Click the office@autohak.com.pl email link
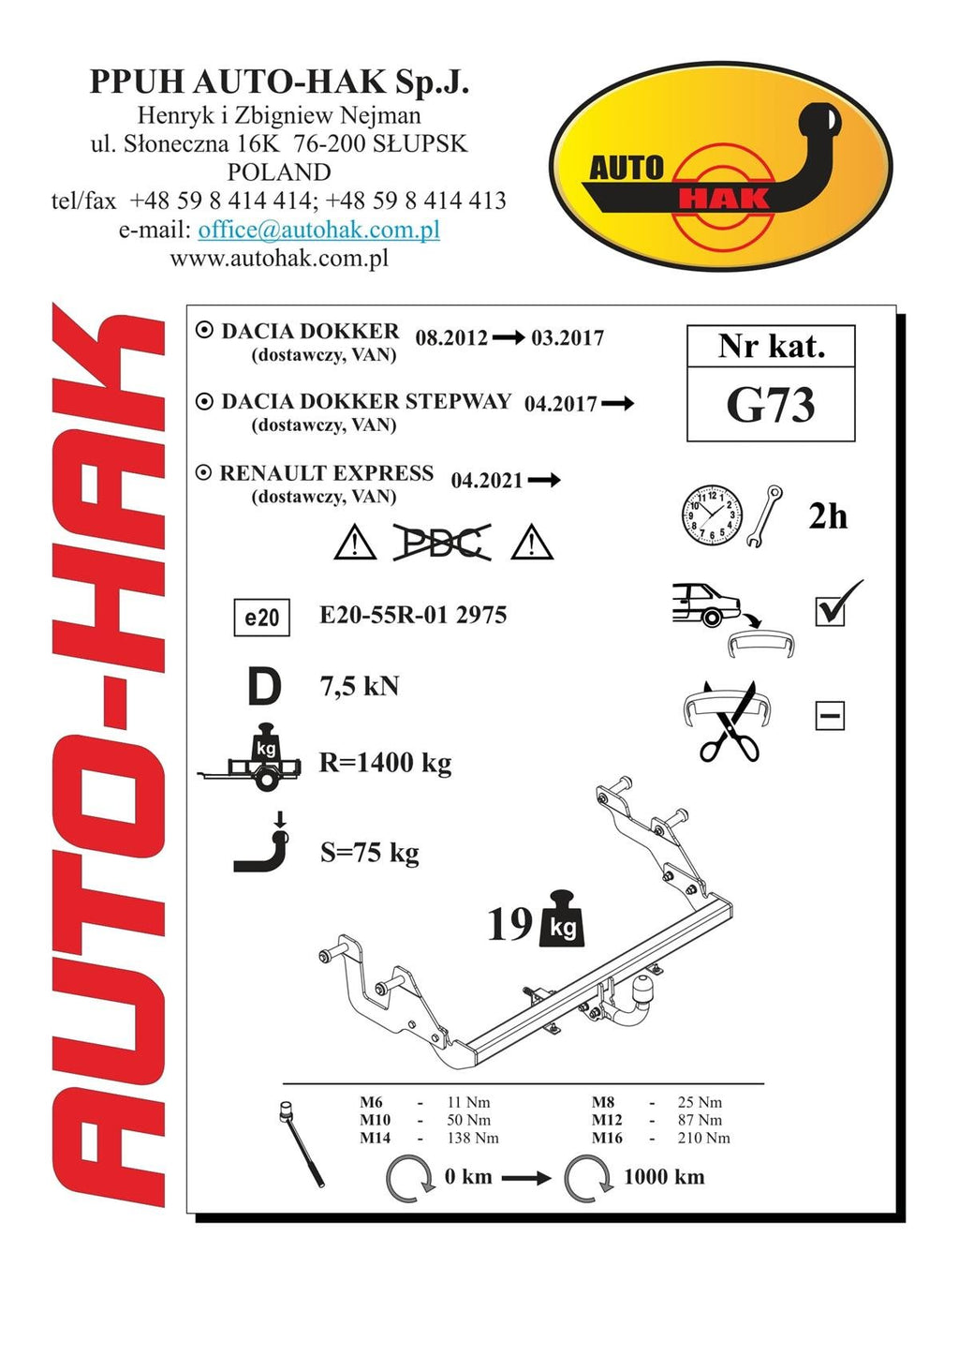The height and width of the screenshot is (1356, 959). pos(318,230)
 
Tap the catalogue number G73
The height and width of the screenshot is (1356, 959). pos(771,405)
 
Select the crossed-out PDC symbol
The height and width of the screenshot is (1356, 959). pos(442,542)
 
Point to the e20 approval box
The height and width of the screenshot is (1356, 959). pos(262,618)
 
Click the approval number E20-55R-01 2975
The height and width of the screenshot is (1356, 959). pos(413,615)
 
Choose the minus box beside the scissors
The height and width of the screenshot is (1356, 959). pos(830,716)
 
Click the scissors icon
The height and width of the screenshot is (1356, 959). pos(729,723)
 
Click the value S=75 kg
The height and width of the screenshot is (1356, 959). pos(370,853)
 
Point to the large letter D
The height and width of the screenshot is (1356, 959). pos(264,687)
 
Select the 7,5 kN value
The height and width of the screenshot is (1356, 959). pos(360,687)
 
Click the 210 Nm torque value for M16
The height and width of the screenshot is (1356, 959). pos(703,1138)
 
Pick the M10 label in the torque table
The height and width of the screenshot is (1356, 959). pos(376,1120)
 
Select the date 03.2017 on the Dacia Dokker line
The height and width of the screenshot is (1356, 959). pos(568,337)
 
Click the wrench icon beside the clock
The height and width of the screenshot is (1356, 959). pos(764,516)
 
